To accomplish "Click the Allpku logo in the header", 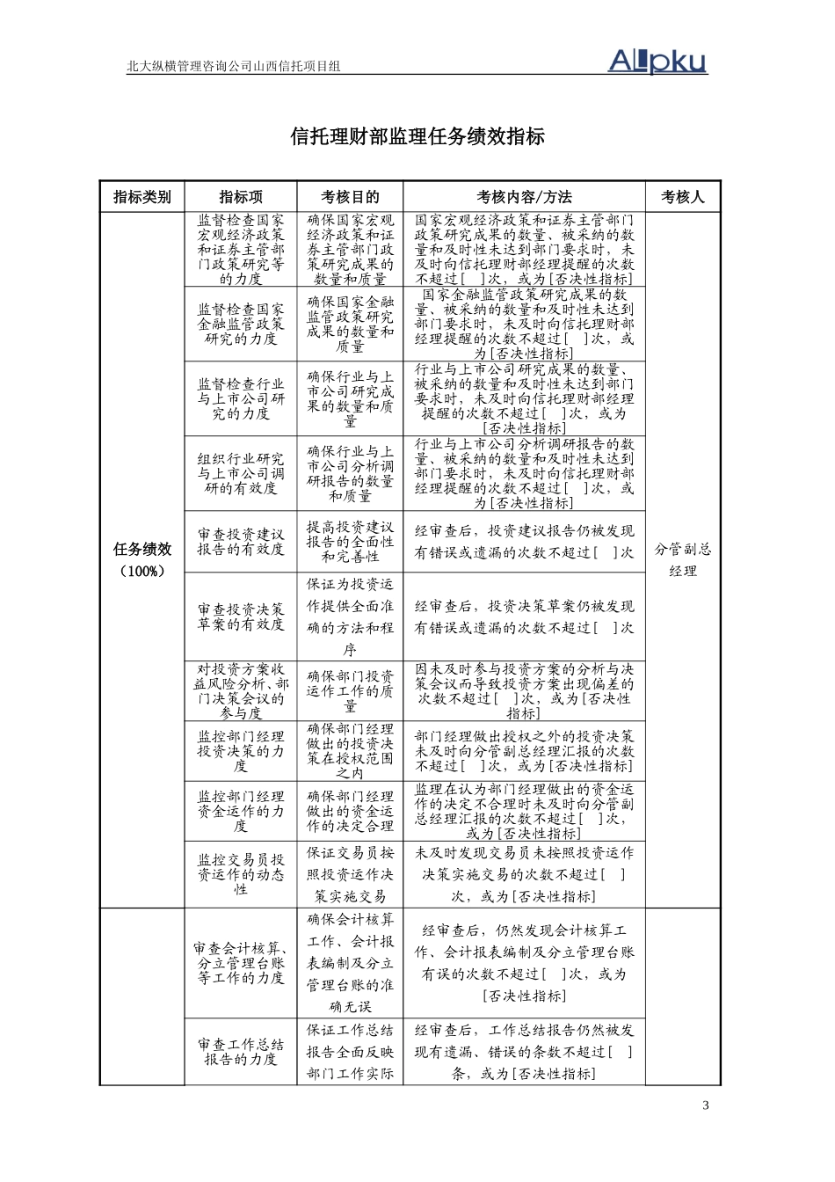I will coord(657,61).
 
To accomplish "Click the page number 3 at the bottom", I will coord(705,1105).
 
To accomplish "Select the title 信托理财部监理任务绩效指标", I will coord(417,136).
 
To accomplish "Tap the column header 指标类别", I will coord(142,197).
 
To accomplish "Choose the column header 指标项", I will coord(241,197).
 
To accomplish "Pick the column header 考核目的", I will coord(350,197).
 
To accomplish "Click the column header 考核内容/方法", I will coord(524,197).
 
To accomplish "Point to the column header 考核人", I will coord(682,197).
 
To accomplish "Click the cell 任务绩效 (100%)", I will coord(142,559).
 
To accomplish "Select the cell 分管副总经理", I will coord(682,559).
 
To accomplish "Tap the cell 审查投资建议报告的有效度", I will coord(241,542).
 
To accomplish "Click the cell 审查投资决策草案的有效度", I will coord(241,617).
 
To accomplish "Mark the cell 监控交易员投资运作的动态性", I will coord(241,874).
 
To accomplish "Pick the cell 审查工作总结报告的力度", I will coord(241,1052).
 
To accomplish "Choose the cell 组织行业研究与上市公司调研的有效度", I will coord(241,473).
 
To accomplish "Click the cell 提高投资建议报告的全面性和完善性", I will coord(350,542).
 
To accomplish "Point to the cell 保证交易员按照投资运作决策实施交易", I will coord(350,874).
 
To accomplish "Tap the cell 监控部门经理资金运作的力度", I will coord(241,811).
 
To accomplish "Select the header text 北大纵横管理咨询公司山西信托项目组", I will coord(234,66).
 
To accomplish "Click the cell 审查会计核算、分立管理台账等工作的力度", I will coord(241,963).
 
